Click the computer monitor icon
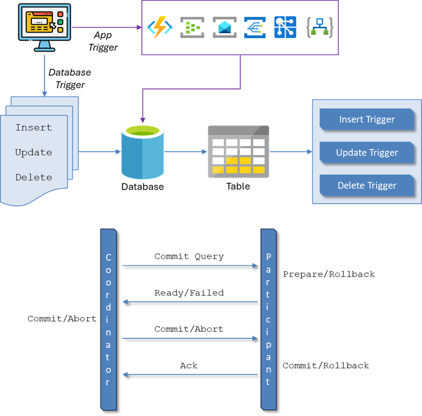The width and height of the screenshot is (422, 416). [44, 25]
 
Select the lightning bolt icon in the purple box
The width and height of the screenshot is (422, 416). [159, 27]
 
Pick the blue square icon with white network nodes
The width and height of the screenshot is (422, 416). [285, 27]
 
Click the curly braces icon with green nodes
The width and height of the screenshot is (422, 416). [319, 27]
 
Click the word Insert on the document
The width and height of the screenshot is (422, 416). [34, 128]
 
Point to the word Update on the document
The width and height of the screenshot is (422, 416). [34, 152]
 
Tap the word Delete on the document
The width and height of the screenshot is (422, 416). [34, 177]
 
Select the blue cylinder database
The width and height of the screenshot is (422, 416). [143, 152]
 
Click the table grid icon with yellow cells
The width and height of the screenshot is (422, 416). [238, 152]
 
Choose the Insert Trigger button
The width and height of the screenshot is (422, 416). [366, 119]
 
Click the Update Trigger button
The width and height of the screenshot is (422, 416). [366, 152]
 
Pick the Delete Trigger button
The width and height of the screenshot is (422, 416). [366, 186]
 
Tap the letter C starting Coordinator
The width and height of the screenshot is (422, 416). [109, 257]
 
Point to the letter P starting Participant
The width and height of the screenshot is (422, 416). [268, 257]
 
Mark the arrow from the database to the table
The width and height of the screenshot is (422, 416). [186, 152]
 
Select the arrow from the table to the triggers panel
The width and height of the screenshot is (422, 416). [290, 152]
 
